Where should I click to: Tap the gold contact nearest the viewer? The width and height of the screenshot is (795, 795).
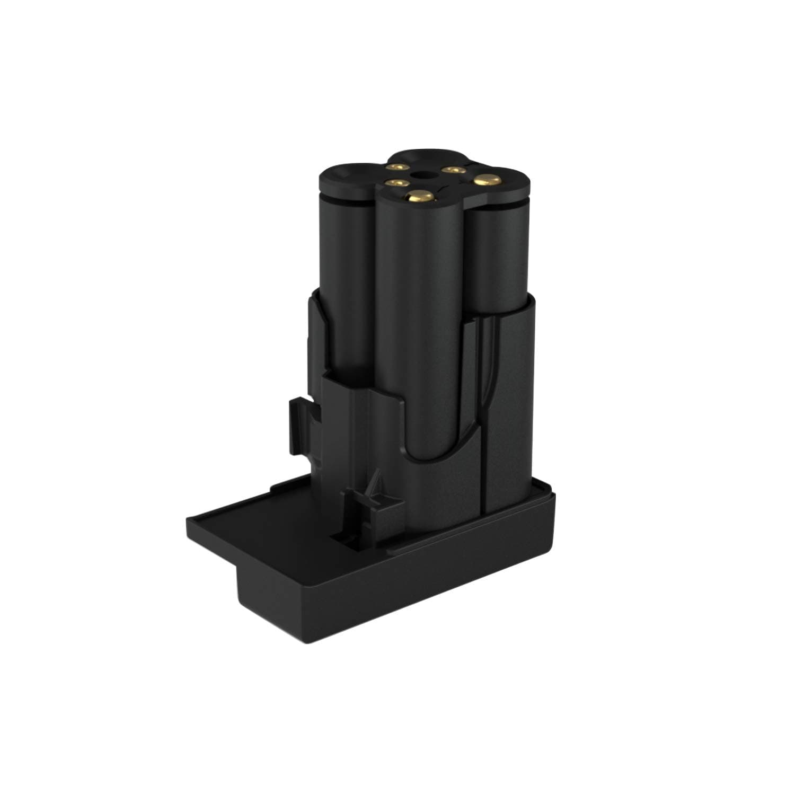[x=418, y=197]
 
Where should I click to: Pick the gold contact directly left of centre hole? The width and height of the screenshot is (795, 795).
[x=392, y=183]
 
